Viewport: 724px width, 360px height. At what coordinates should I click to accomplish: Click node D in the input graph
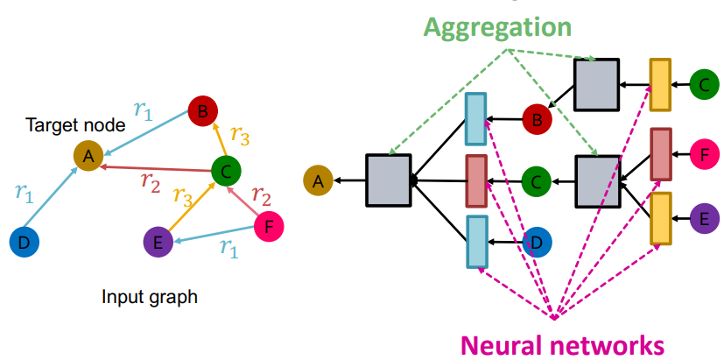25,241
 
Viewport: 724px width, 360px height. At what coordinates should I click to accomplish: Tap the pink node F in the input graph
270,229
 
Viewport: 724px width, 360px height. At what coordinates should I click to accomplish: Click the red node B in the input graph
203,112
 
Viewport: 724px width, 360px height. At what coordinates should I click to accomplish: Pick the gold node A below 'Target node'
89,157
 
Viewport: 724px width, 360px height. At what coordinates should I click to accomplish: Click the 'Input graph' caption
150,297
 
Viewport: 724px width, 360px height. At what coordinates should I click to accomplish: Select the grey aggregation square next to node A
388,180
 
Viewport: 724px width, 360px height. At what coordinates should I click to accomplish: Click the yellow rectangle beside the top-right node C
660,86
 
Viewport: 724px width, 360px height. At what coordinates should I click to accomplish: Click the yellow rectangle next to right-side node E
660,218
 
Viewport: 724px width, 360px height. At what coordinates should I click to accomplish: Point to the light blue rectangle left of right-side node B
475,118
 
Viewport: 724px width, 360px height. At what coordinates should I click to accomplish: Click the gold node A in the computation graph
319,181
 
